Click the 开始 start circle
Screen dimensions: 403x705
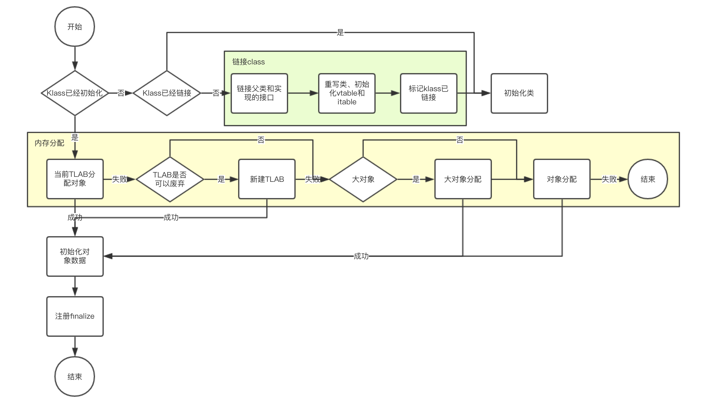pos(75,27)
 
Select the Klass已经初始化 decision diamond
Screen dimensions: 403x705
pos(75,93)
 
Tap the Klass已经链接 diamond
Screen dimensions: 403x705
pos(167,93)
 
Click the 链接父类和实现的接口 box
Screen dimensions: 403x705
pos(259,93)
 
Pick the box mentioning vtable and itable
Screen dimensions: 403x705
pos(347,93)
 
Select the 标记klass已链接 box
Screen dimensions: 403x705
pos(428,93)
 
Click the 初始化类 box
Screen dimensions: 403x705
pos(519,93)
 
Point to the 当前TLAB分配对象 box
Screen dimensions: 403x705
pos(75,179)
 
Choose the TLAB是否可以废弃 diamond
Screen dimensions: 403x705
pos(170,179)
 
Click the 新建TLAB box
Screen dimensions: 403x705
pos(267,179)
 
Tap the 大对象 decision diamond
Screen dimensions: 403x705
pos(363,179)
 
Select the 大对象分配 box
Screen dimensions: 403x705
pos(463,179)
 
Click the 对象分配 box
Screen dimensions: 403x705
pos(562,179)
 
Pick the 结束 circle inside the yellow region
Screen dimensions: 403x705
pos(648,179)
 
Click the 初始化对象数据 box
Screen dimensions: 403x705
pos(75,256)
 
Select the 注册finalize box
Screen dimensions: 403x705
pos(75,316)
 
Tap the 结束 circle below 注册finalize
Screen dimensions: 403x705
pos(75,376)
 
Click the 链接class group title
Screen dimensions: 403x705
pos(248,62)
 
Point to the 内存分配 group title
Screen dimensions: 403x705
pos(49,143)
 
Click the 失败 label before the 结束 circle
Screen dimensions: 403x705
pos(609,179)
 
